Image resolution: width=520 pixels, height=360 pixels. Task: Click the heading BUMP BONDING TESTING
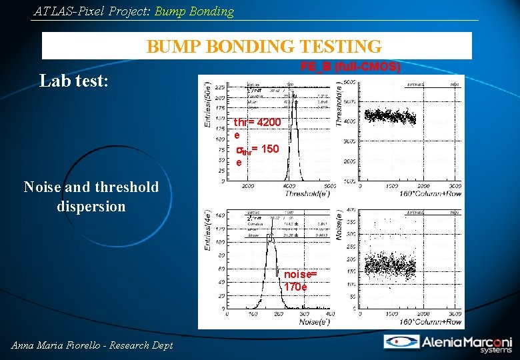click(x=264, y=47)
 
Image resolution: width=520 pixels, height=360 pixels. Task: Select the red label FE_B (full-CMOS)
click(x=350, y=67)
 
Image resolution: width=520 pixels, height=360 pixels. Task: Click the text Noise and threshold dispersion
click(x=91, y=197)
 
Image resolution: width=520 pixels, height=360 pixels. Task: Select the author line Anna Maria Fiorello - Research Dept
click(x=92, y=345)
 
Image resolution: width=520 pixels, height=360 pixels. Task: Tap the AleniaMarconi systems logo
click(x=448, y=342)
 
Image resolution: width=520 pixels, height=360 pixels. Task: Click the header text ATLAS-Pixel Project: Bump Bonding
click(x=133, y=11)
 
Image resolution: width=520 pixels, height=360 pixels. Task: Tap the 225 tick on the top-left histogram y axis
click(x=220, y=86)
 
